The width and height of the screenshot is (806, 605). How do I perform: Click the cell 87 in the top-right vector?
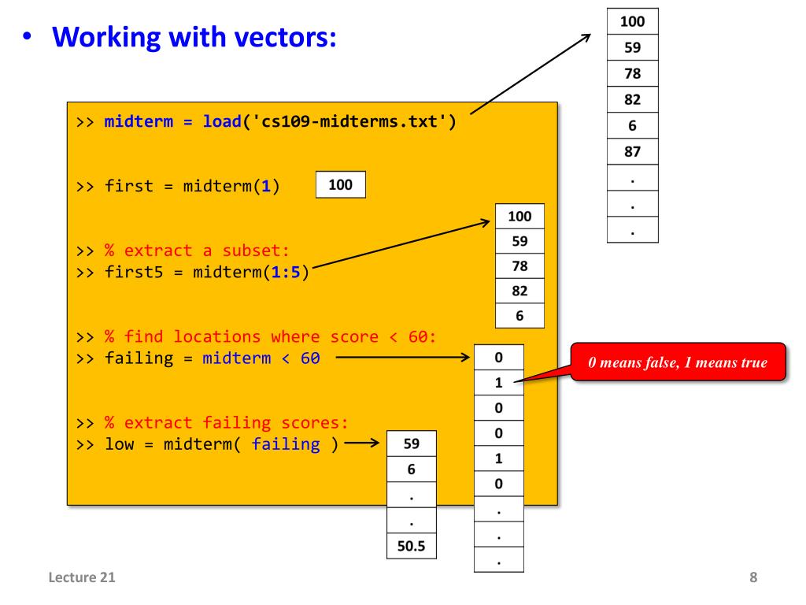coord(632,152)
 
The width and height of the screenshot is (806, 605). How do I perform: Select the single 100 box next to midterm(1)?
coord(340,185)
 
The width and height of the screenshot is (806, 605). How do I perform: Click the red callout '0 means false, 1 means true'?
coord(678,362)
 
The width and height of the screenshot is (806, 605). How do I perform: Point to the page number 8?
coord(753,578)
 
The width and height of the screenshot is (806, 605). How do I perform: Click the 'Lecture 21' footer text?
coord(79,578)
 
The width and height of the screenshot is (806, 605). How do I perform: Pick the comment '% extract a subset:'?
coord(198,251)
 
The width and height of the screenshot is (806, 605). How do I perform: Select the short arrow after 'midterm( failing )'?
coord(361,444)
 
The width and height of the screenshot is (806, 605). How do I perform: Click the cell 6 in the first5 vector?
coord(519,315)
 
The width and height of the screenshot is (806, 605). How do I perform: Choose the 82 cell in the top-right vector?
coord(632,100)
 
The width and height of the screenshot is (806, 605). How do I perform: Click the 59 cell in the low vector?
coord(411,444)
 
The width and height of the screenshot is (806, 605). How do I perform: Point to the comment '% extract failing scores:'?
coord(227,421)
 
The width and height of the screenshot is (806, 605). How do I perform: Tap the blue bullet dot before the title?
coord(28,37)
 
